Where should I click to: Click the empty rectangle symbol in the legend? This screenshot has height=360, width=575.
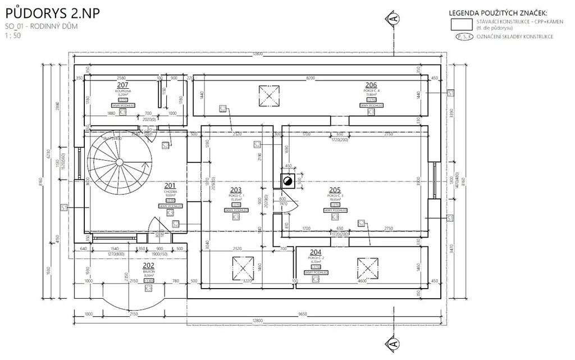point(462,24)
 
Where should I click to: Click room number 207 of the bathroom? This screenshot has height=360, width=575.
point(123,85)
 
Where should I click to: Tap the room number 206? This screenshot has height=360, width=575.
point(371,85)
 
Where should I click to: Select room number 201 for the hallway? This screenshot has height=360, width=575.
point(170,185)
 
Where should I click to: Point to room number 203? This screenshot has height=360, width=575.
point(236,190)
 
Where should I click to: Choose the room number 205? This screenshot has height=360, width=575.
point(335,190)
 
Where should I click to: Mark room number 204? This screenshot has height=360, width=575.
point(315,253)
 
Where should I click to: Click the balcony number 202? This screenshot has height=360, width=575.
point(148,266)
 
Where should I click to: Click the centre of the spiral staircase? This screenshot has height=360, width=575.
point(119,161)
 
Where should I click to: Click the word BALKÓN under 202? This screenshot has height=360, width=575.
point(148,271)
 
